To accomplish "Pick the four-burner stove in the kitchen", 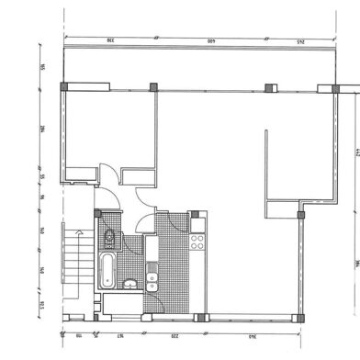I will pos(197,242).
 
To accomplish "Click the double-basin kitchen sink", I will pos(152,276).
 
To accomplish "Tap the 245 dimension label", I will pos(299,40).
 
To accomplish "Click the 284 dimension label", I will pos(42,134).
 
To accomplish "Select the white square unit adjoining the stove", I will pos(197,224).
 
